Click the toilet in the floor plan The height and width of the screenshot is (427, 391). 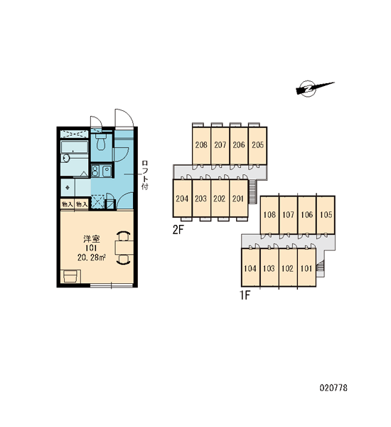101,142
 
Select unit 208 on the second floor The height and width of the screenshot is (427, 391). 201,146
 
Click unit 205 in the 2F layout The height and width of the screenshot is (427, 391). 257,146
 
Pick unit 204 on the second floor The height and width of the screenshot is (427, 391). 182,199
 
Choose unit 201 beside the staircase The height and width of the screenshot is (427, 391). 238,199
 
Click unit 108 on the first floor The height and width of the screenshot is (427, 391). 269,215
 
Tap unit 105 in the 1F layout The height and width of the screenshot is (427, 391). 326,215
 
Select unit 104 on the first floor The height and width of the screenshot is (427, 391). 250,268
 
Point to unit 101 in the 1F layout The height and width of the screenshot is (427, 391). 306,268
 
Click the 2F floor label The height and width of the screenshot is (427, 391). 178,231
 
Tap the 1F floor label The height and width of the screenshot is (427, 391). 245,295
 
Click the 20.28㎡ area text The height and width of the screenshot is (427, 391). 92,258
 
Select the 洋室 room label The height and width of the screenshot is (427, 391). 92,239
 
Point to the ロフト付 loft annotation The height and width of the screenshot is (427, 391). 145,175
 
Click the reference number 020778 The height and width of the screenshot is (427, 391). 333,388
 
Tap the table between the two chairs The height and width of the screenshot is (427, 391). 124,248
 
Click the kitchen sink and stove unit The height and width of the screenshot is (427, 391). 101,172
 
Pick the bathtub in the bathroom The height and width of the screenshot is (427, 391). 74,148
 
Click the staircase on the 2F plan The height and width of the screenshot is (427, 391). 253,191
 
